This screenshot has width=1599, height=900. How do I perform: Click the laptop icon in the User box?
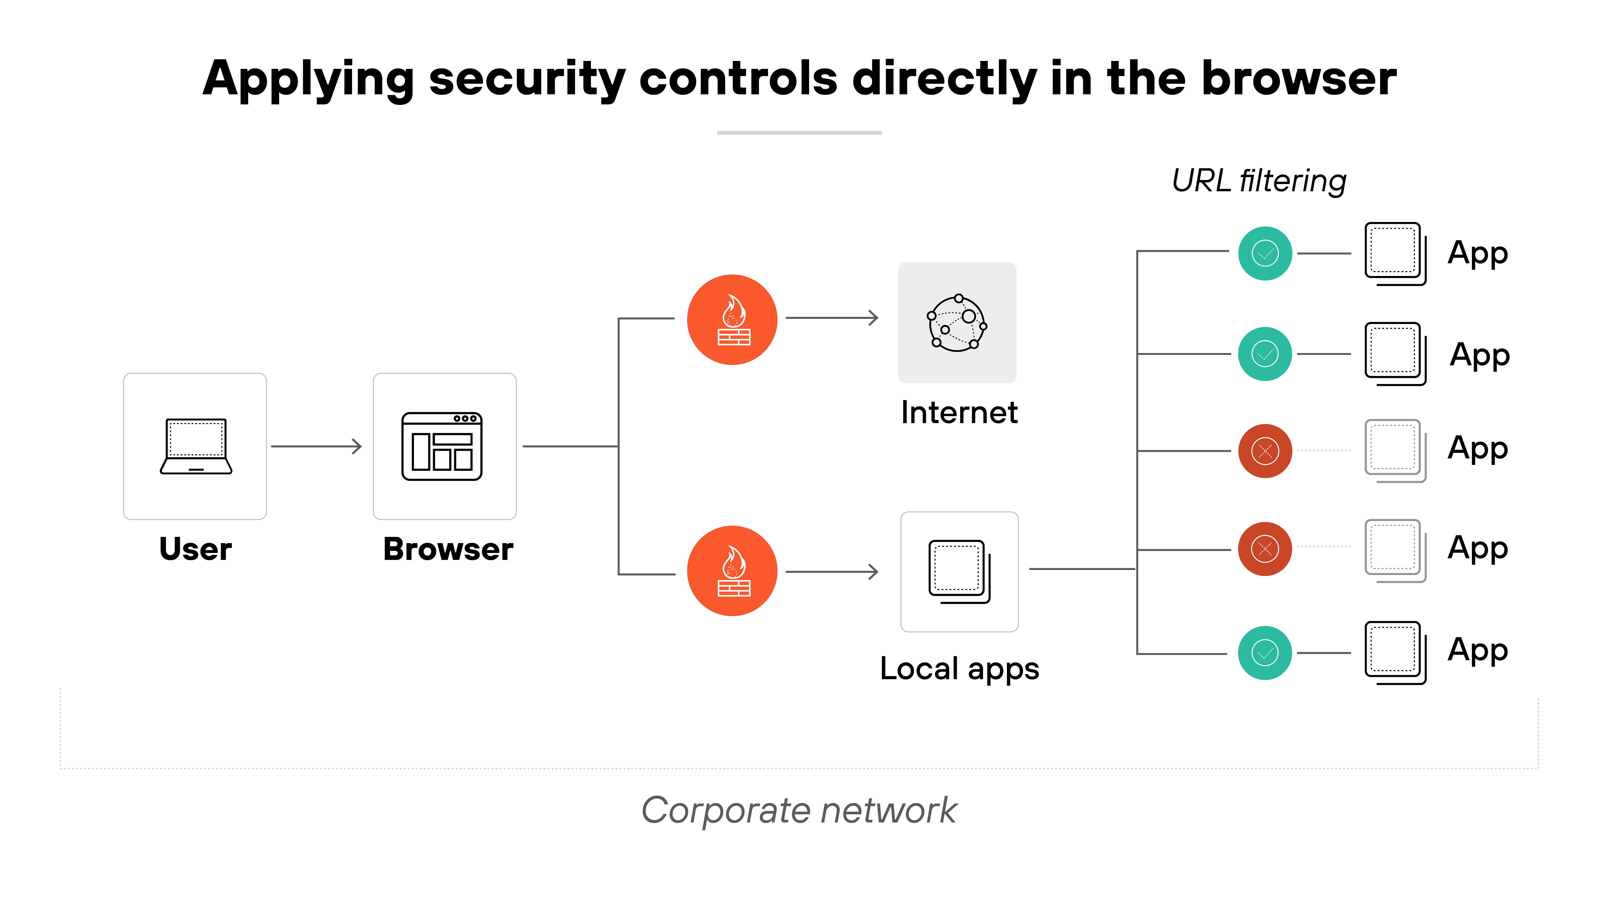(195, 446)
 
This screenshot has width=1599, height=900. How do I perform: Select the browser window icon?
(442, 446)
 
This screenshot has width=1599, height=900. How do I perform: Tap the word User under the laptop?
(195, 549)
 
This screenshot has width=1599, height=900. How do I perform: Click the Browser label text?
(448, 549)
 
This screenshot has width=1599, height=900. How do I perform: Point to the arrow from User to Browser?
(317, 446)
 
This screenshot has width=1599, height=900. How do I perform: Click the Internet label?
(959, 412)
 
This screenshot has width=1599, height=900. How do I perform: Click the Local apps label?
(959, 669)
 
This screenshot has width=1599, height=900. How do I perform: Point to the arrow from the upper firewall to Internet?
(832, 318)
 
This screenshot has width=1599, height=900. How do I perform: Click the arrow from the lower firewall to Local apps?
(832, 571)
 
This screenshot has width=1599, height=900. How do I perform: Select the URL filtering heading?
(1259, 181)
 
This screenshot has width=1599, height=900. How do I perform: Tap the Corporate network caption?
(799, 810)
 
